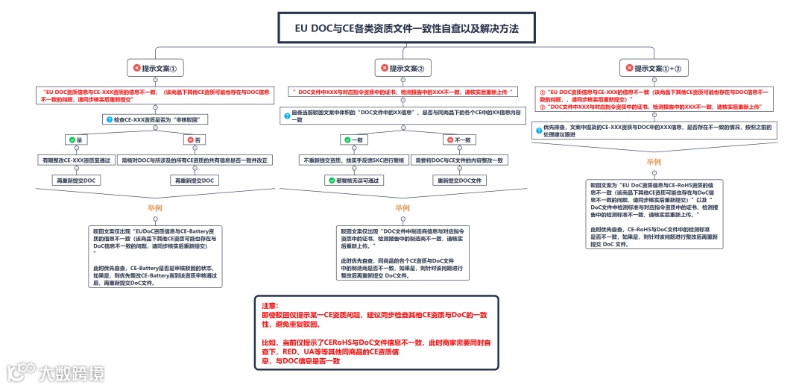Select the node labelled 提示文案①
pyautogui.click(x=154, y=68)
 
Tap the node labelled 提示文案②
pyautogui.click(x=402, y=68)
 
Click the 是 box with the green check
pyautogui.click(x=75, y=140)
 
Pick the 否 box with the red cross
pyautogui.click(x=194, y=140)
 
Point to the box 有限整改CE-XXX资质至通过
pyautogui.click(x=75, y=160)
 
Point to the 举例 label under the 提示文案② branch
pyautogui.click(x=402, y=207)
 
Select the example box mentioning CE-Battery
pyautogui.click(x=155, y=256)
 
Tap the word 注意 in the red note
pyautogui.click(x=268, y=306)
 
